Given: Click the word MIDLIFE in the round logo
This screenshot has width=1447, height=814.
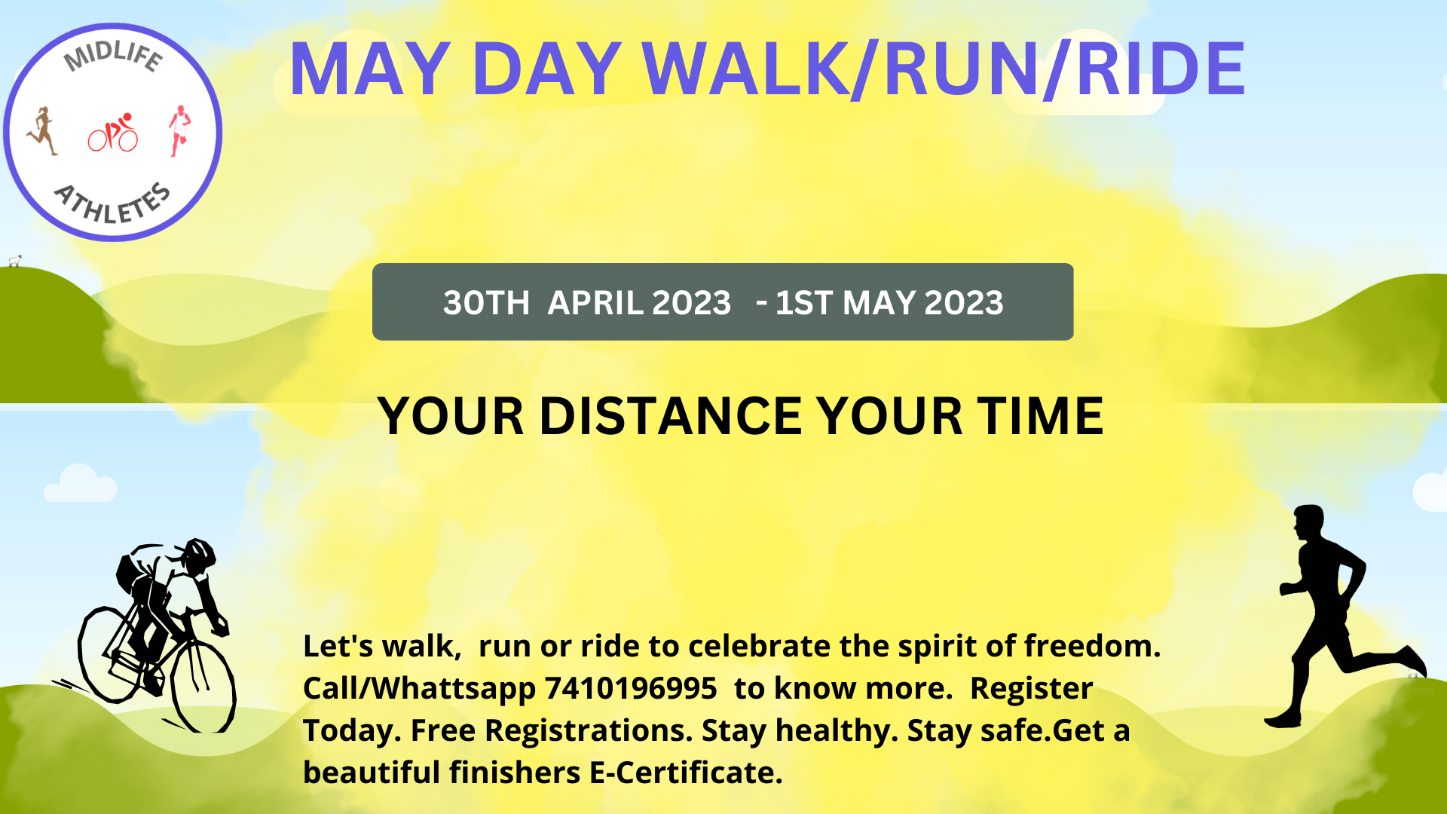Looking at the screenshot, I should pyautogui.click(x=113, y=57).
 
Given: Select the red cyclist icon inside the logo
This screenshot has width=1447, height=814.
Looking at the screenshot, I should pyautogui.click(x=113, y=133).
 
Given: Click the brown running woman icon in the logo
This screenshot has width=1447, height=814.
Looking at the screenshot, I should pyautogui.click(x=43, y=131).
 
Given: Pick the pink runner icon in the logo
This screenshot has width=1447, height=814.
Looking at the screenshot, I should pyautogui.click(x=179, y=130).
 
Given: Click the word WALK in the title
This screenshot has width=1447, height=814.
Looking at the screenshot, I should pyautogui.click(x=746, y=69).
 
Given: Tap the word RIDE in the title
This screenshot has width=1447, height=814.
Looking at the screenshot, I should pyautogui.click(x=1161, y=69).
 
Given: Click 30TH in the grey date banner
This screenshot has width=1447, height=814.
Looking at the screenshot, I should pyautogui.click(x=486, y=303).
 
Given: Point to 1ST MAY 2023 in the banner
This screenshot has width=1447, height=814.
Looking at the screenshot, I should pyautogui.click(x=889, y=303).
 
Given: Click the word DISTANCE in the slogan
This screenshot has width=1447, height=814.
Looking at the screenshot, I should pyautogui.click(x=671, y=416).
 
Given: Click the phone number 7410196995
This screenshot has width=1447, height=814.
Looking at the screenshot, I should pyautogui.click(x=630, y=688).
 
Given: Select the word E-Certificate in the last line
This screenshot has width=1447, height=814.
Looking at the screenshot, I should pyautogui.click(x=686, y=773).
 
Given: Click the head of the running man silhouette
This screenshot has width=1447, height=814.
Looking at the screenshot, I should pyautogui.click(x=1309, y=522).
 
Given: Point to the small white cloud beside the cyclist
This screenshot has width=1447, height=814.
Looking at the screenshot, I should pyautogui.click(x=80, y=485).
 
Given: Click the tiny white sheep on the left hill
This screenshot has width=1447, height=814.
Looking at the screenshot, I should pyautogui.click(x=14, y=261).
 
